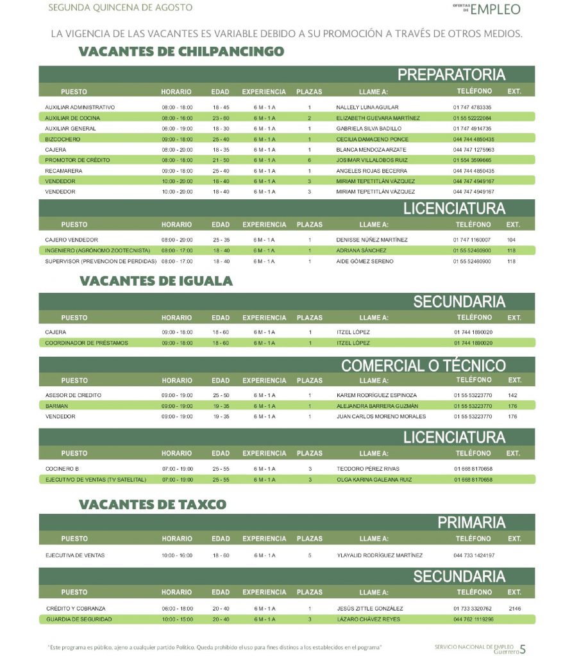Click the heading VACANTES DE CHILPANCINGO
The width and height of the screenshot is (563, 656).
point(181,51)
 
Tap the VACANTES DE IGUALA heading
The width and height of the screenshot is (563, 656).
point(156,281)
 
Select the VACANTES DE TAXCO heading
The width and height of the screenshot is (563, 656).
point(153,504)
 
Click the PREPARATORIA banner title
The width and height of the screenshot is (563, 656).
point(451,74)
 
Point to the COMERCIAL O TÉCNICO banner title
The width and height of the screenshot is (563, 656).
point(423,366)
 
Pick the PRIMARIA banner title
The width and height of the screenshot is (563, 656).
point(471,522)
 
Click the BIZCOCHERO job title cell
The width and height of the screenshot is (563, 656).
point(63,139)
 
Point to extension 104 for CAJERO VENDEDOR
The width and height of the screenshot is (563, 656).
point(511,240)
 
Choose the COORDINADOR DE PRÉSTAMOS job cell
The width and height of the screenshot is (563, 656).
point(87,343)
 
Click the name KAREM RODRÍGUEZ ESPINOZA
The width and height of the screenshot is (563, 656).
point(376,395)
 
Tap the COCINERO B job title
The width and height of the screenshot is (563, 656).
point(62,469)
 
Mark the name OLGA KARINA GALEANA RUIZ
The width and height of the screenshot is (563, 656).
point(374,479)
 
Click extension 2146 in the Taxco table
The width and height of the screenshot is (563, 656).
point(514,609)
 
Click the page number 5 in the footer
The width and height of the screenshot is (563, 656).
point(523,649)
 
